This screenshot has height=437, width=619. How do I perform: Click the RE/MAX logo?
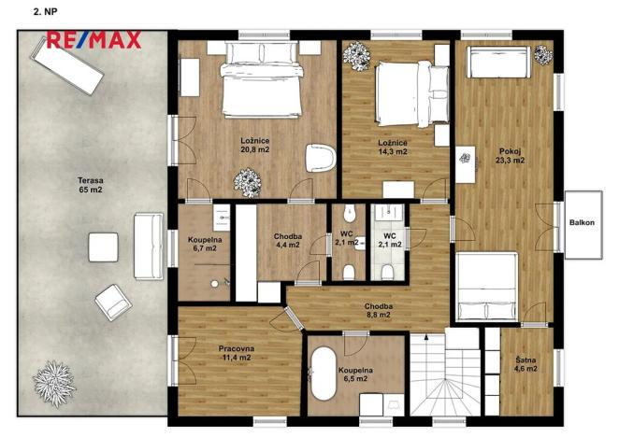[x=94, y=39]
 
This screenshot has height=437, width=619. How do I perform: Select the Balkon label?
[x=584, y=222]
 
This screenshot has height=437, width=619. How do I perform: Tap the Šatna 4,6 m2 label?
[x=525, y=363]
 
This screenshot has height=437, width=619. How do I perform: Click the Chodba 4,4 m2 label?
[x=288, y=241]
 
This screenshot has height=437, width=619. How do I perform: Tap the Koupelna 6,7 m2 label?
[x=204, y=245]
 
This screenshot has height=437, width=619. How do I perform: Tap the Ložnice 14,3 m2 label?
[x=392, y=146]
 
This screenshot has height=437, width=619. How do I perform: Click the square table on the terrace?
[x=102, y=247]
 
